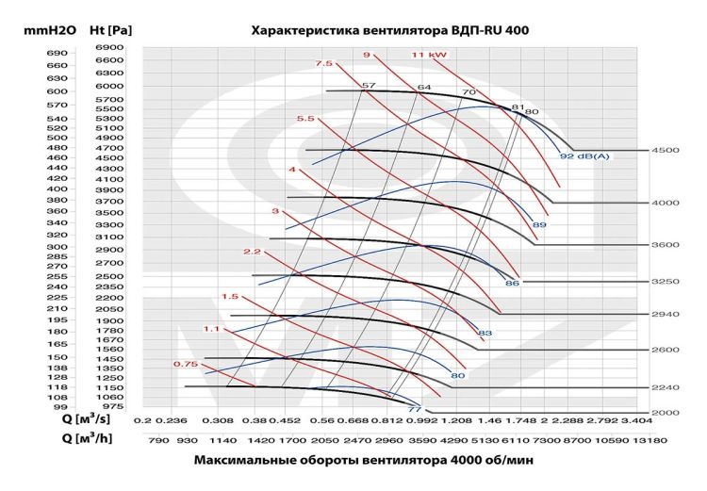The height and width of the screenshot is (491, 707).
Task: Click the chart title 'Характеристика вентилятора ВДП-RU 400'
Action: coord(389,30)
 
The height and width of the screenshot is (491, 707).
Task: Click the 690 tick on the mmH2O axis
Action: coord(57,54)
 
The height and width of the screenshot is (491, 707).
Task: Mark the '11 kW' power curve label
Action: coord(429,56)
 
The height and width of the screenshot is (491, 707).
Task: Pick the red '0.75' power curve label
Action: coord(185,364)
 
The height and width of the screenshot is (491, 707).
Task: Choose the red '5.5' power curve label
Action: coord(304,119)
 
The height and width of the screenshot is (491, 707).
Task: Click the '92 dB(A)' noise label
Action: coord(584,156)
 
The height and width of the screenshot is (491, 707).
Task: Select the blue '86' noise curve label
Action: coord(513,283)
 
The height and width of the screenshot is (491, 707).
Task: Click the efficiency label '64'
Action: coord(424,88)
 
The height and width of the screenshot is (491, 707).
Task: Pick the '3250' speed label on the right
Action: coord(666,282)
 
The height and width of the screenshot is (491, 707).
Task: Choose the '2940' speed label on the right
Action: coord(666,314)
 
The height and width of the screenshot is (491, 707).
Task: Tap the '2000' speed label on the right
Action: coord(666,413)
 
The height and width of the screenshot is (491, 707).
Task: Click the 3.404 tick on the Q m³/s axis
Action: coord(638,421)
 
